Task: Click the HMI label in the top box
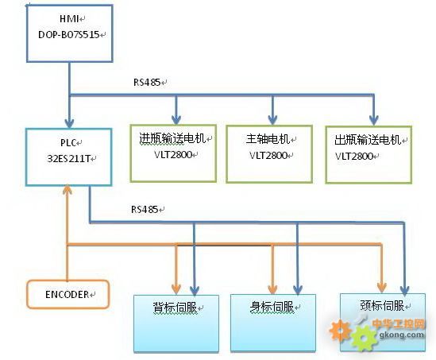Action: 70,18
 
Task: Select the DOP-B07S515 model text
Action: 69,34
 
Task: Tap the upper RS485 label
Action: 147,82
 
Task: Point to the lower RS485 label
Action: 145,209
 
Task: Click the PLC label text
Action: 68,143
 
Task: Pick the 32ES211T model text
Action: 68,159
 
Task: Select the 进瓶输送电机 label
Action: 172,138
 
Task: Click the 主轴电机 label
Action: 268,139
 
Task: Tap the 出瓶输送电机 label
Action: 368,140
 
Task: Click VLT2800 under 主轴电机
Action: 268,155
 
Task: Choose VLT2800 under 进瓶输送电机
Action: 173,155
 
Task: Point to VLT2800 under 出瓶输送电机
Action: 353,156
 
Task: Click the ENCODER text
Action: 67,294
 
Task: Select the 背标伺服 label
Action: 176,308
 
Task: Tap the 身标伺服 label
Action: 272,307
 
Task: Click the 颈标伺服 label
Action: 382,305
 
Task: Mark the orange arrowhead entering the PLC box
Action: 68,190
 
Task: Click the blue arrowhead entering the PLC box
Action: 69,123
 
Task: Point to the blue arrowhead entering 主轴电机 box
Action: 272,120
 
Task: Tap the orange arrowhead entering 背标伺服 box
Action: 176,289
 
